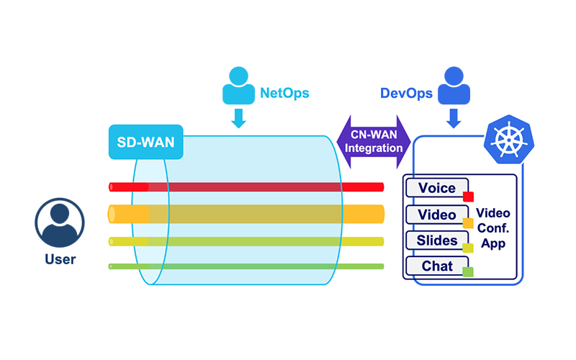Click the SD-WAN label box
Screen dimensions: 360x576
click(x=145, y=143)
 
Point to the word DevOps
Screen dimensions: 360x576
click(x=406, y=93)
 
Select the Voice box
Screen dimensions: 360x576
click(x=438, y=189)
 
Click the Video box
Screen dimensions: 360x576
click(x=438, y=215)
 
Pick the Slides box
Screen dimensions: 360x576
click(x=438, y=240)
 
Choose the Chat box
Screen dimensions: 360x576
click(x=438, y=266)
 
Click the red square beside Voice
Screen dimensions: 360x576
click(x=468, y=197)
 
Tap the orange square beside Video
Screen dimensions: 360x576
click(x=468, y=222)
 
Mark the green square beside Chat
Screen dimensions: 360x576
click(x=468, y=271)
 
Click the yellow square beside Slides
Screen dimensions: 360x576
click(x=468, y=248)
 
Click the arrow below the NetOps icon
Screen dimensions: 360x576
click(x=239, y=118)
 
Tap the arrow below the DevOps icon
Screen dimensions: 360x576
click(x=453, y=118)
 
